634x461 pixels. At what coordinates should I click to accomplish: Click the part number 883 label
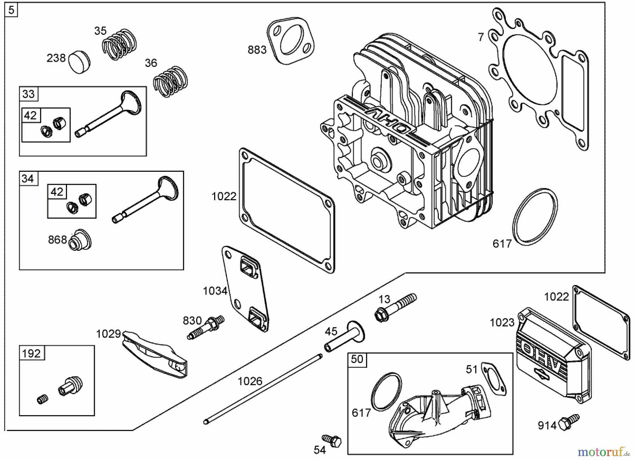tap(257, 50)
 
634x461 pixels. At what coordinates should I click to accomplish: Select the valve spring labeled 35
tap(120, 45)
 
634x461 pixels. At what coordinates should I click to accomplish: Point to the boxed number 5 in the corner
tap(11, 10)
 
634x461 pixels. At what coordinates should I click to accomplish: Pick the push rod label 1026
tap(250, 381)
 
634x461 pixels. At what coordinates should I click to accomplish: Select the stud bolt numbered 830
tap(206, 327)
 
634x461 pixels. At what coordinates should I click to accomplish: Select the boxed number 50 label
tap(357, 359)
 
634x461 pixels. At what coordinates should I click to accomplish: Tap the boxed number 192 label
tap(31, 353)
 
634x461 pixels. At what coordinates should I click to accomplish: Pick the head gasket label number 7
tap(481, 37)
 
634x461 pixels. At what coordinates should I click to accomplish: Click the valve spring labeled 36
tap(171, 82)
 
